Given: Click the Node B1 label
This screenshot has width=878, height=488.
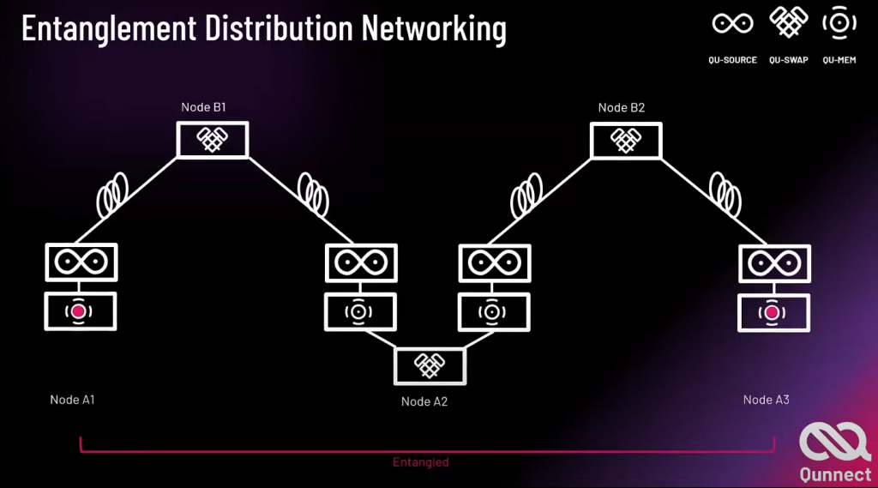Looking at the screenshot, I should coord(203,107).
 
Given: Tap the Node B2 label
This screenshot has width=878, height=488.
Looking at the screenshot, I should coord(621,107).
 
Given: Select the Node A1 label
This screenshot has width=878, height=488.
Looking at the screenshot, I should coord(72,400).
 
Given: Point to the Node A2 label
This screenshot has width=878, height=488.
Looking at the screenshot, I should coord(424,401).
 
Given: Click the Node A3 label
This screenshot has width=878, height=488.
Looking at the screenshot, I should coord(766,400).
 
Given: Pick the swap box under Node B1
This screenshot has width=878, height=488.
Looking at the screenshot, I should coord(212,140).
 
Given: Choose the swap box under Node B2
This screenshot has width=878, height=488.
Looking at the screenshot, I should coord(626,140).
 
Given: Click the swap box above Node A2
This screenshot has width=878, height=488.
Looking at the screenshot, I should coord(430,365).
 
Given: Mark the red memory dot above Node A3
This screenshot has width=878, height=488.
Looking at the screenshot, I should coord(773,313).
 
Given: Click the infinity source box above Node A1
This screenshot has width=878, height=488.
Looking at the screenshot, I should coord(81,262).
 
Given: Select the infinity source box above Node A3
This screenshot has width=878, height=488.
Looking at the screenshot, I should coord(773,262).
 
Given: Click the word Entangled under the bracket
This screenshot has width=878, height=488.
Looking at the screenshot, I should coord(420,462).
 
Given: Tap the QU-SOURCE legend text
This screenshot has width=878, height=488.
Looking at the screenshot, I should coord(734,60).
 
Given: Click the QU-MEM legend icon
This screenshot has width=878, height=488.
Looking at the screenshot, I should coord(839,24).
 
